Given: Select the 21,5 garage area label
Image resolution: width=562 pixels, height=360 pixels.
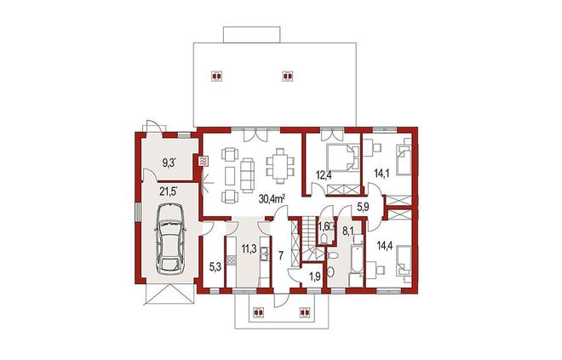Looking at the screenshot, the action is (168, 191).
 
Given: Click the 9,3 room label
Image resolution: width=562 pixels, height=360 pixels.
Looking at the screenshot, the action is (169, 163).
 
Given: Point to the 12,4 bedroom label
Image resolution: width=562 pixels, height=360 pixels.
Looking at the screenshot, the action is (323, 174).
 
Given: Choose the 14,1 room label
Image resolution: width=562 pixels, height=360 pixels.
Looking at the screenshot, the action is (381, 174).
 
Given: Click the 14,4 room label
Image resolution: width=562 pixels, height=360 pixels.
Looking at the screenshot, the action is (385, 246).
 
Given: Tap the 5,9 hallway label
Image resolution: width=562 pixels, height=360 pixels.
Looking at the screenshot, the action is (363, 207).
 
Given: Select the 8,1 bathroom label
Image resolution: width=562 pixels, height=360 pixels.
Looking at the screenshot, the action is (347, 231).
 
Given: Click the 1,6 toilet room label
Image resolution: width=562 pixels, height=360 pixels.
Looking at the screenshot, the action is (324, 226).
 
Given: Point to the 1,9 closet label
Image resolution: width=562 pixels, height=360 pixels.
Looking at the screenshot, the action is (315, 276).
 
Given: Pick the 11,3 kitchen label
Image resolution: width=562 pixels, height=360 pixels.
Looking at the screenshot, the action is (249, 249).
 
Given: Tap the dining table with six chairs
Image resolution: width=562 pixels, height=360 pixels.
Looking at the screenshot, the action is (280, 166).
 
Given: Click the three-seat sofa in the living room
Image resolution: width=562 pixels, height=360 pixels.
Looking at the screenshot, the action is (247, 175).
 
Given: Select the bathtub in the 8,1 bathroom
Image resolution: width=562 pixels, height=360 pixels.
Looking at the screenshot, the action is (357, 258).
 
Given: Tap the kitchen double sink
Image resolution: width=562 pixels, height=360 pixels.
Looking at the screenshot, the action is (265, 253).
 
